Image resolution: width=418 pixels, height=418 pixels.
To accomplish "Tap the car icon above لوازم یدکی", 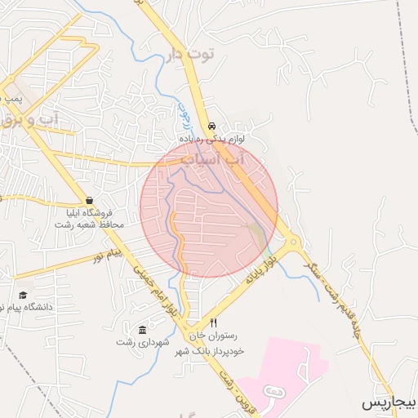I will click(212, 127).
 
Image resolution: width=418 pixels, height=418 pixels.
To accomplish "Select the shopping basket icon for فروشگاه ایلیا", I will click(89, 200).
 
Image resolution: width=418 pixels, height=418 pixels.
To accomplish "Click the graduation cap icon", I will click(24, 294).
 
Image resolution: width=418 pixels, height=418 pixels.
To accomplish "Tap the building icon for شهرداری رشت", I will click(143, 330).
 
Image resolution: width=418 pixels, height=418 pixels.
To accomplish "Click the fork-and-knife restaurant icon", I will click(214, 322).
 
